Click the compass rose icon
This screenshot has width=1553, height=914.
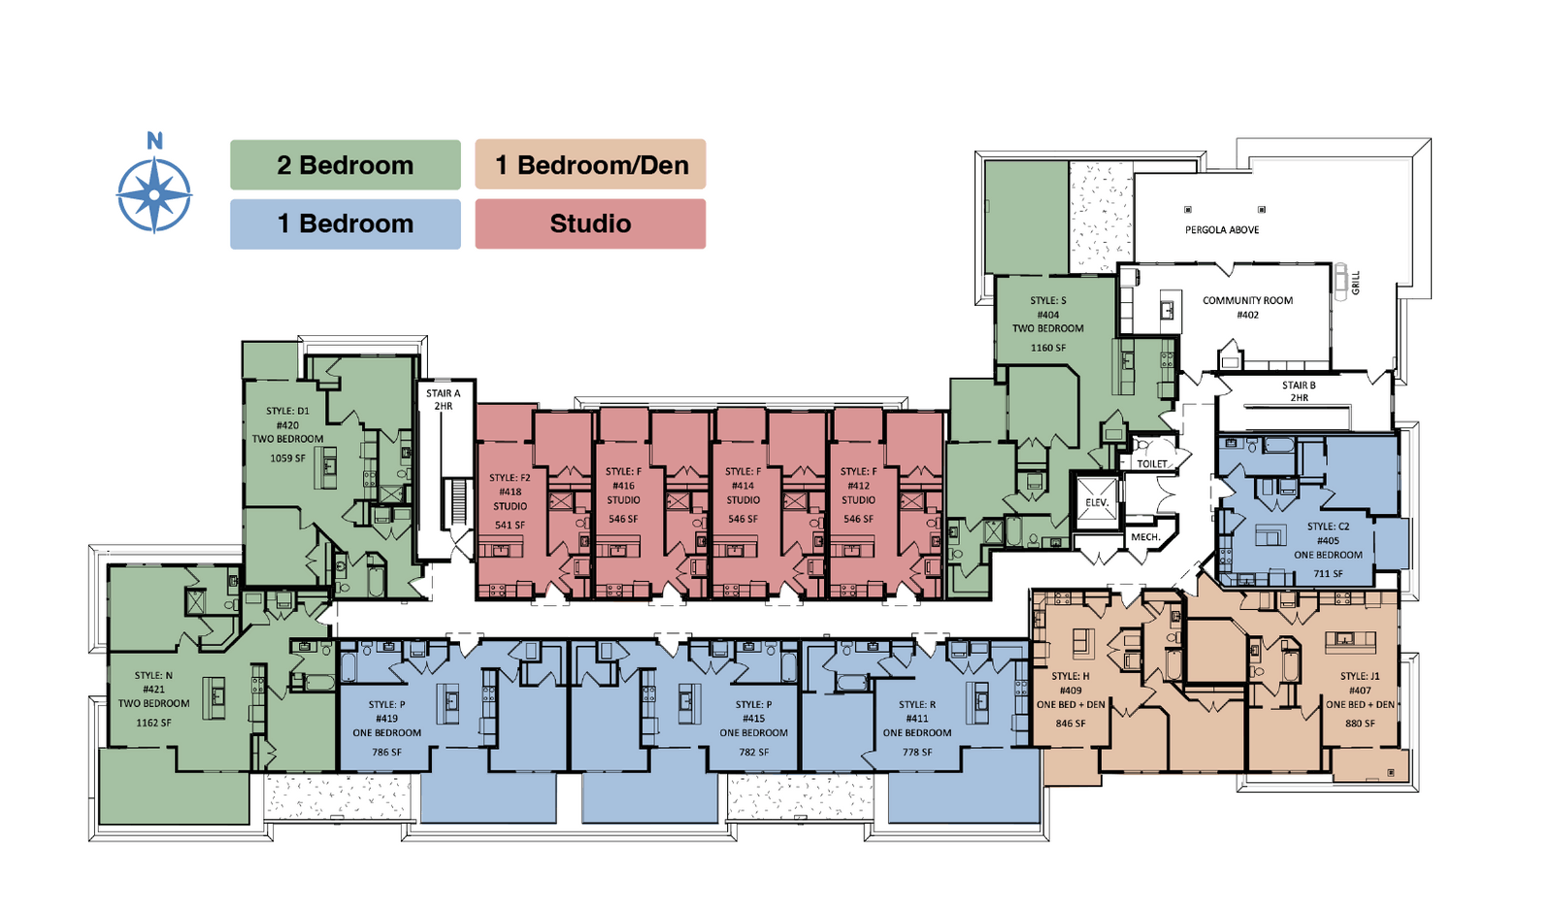click(154, 194)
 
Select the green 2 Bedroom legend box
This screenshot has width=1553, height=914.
click(345, 165)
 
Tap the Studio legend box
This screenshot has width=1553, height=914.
click(590, 223)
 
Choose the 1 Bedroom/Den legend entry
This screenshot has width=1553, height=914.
click(590, 165)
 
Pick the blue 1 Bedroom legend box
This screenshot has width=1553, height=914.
click(345, 223)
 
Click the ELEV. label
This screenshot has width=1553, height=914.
click(1097, 502)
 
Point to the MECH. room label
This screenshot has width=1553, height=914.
click(1145, 537)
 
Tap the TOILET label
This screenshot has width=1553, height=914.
click(1152, 463)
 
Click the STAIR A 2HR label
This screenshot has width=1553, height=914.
click(444, 399)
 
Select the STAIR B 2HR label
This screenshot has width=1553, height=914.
click(1299, 391)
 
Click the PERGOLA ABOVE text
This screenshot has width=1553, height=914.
click(1222, 230)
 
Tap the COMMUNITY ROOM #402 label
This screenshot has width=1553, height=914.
click(1247, 307)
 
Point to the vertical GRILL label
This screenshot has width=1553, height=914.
click(1356, 283)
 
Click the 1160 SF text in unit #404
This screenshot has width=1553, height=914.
click(1048, 348)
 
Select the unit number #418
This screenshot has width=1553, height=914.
click(510, 491)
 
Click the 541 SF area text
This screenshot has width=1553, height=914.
click(510, 525)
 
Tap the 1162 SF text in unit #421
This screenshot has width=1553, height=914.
click(153, 723)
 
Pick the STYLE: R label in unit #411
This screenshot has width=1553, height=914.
click(917, 704)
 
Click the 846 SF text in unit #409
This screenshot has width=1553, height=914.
click(1071, 724)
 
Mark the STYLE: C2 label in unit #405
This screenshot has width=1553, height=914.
click(1328, 526)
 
